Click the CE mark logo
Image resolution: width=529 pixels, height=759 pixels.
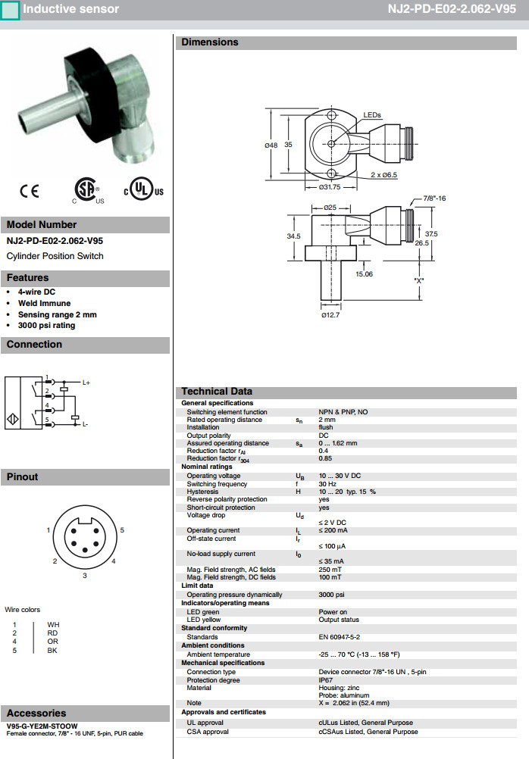coord(30,192)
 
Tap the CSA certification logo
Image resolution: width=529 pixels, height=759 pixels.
coord(86,191)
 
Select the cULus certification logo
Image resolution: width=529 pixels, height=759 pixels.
coord(144,191)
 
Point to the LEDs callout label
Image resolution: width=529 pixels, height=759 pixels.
coord(372,115)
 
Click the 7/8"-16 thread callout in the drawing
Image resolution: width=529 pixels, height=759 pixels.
coord(434,198)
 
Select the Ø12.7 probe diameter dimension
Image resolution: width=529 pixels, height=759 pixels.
coord(330,314)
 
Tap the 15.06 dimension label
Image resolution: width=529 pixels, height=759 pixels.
coord(364,274)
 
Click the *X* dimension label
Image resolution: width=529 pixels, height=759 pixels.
coord(419,280)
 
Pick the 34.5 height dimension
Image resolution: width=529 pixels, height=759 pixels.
coord(293,236)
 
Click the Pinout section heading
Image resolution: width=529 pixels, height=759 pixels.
coord(23,476)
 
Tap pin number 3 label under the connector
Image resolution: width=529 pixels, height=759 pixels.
coord(85,576)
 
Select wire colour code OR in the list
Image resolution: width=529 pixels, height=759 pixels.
coord(52,642)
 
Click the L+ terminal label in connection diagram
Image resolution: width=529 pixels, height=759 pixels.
coord(86,383)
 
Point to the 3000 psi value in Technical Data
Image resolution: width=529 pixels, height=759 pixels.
coord(332,595)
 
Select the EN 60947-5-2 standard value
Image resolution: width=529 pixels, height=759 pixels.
coord(339,637)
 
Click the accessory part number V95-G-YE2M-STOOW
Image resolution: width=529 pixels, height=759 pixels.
coord(42,726)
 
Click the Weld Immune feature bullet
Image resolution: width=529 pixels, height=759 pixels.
coord(44,303)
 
